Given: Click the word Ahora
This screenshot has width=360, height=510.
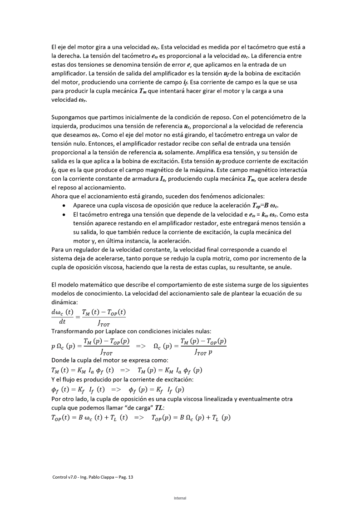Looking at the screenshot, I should [x=61, y=196].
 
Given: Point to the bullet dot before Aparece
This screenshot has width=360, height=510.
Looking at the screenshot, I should [x=63, y=205].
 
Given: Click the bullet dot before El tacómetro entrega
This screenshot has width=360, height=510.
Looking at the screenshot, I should [x=63, y=214].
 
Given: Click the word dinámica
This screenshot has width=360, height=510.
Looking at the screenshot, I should [x=65, y=302].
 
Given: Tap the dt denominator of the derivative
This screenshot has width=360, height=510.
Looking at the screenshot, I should [x=62, y=321].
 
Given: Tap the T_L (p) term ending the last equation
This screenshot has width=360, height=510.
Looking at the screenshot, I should [x=219, y=418].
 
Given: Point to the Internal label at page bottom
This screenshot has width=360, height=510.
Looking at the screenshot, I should [x=180, y=498].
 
